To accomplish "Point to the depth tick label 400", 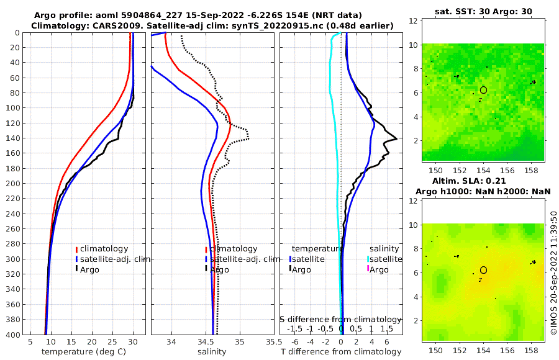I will tap(12, 335).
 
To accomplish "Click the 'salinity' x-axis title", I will tap(211, 352).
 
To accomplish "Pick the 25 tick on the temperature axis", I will tap(112, 341).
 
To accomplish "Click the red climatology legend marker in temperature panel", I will tap(77, 249).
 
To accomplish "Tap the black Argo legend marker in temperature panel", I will tap(77, 269).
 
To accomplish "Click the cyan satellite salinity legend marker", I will tap(368, 259).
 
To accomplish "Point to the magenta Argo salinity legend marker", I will tap(368, 269).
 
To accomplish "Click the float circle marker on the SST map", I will tap(483, 90).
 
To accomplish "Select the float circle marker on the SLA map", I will tap(483, 270).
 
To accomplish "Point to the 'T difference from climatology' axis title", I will tap(341, 352).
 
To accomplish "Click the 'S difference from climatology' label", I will tap(340, 319).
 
